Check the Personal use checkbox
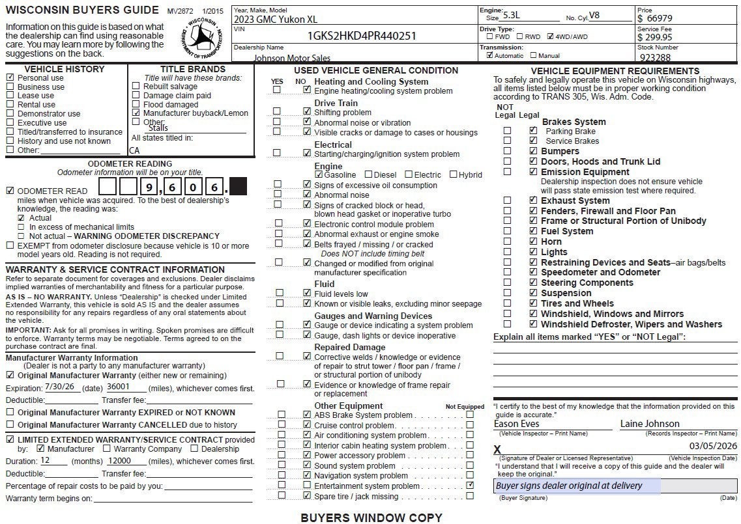coord(10,77)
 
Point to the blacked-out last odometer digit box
coord(239,187)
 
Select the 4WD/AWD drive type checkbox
coord(551,36)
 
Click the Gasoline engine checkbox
coord(319,174)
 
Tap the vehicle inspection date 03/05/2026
coord(713,446)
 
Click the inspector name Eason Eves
coord(517,424)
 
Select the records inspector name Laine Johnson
coord(650,424)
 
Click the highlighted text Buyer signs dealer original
coord(569,486)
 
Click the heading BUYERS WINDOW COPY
coord(371,517)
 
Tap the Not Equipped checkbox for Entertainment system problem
coord(470,486)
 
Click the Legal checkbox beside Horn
coord(533,241)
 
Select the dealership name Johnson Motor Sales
coord(292,58)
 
